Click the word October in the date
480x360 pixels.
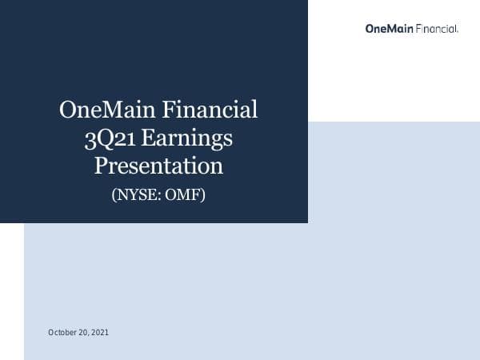62,332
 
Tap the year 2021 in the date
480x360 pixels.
99,332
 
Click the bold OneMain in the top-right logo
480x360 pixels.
390,29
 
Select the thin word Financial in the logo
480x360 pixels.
436,29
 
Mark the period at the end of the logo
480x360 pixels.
457,31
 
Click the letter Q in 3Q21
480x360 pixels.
102,138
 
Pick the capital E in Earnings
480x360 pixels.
151,138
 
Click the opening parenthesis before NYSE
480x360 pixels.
114,193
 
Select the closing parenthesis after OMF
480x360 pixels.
203,193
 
